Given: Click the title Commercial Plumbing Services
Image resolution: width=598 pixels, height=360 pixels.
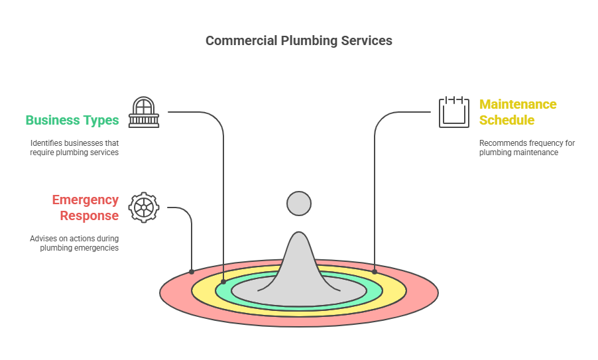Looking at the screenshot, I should point(298,40).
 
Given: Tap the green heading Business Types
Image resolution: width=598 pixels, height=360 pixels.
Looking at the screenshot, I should point(72,120).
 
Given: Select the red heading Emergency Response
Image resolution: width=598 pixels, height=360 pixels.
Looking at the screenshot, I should point(86,208).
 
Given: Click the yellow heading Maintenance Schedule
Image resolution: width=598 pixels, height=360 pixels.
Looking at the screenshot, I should point(518,112).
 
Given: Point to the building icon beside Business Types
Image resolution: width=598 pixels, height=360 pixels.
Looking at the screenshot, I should point(143,112).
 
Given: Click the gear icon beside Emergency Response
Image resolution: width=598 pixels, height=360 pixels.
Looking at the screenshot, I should point(143,208).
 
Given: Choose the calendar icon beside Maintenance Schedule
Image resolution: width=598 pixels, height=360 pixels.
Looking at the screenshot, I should point(454,112).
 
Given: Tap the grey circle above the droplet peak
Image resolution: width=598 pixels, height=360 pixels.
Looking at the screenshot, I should point(299,203).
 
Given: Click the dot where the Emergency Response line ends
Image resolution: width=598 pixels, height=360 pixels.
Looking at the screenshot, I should point(192,271).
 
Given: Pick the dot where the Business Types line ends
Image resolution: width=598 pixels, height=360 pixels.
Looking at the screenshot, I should point(223,282).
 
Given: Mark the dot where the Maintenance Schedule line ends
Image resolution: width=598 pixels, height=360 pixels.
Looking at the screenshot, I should point(375,271).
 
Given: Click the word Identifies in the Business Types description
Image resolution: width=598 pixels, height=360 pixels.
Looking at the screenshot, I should point(45,143).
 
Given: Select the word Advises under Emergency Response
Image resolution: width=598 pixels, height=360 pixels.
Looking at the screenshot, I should point(44,238).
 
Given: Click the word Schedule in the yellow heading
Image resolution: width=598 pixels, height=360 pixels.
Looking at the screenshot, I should point(507,120).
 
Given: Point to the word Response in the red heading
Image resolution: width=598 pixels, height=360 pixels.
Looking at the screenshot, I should point(90,215).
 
